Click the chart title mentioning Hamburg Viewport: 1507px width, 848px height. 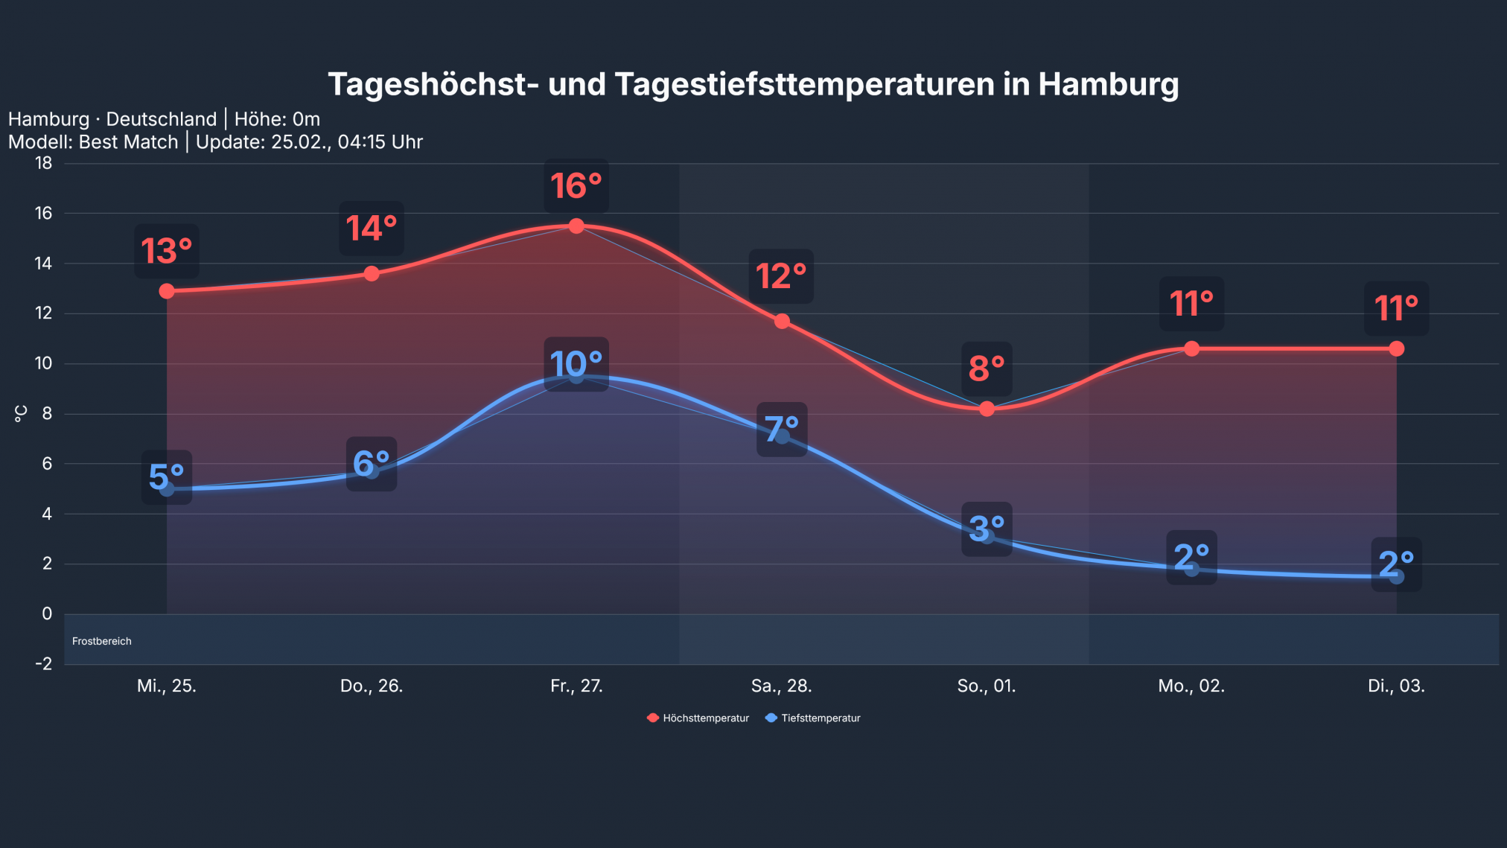pos(753,84)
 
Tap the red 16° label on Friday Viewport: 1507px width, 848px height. pos(576,186)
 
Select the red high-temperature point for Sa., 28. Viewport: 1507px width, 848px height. pos(782,321)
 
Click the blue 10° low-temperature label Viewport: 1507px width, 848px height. pos(576,364)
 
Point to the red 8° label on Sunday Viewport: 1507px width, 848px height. pos(987,369)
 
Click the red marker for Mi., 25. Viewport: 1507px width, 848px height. pos(167,291)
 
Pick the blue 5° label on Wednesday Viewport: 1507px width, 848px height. pos(167,477)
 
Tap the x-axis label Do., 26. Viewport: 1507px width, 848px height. pos(372,686)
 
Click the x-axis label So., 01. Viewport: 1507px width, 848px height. pos(987,686)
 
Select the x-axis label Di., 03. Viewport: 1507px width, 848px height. pos(1396,686)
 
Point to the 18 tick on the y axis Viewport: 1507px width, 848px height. pos(44,163)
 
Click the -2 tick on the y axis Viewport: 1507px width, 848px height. pos(44,663)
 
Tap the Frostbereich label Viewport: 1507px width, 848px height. pos(102,641)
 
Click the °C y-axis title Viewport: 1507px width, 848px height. pos(21,413)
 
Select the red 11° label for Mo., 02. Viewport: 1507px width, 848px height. pos(1191,304)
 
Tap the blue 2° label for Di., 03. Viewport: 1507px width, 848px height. pos(1396,564)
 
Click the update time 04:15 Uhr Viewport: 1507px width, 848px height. pos(380,141)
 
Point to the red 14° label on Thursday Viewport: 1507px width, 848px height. pos(372,229)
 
